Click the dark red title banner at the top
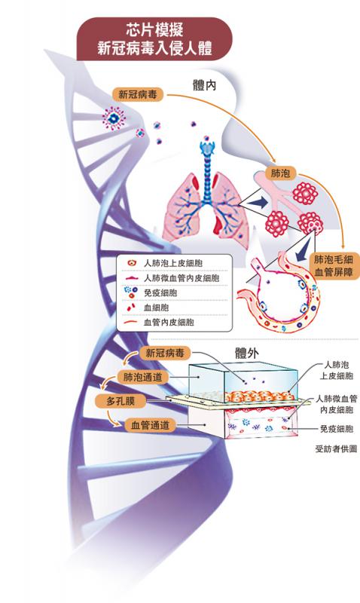(x=154, y=39)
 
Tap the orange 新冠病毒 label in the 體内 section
(x=138, y=95)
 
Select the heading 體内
(x=204, y=85)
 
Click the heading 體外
(x=246, y=354)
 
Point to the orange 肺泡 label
(x=280, y=173)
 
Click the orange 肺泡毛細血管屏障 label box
(x=333, y=265)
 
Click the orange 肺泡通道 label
(x=142, y=378)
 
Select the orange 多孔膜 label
(x=121, y=402)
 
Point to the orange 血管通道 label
(x=150, y=425)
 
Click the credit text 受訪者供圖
(x=336, y=448)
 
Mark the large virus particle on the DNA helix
(x=114, y=118)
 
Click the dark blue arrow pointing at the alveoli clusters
(x=258, y=203)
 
